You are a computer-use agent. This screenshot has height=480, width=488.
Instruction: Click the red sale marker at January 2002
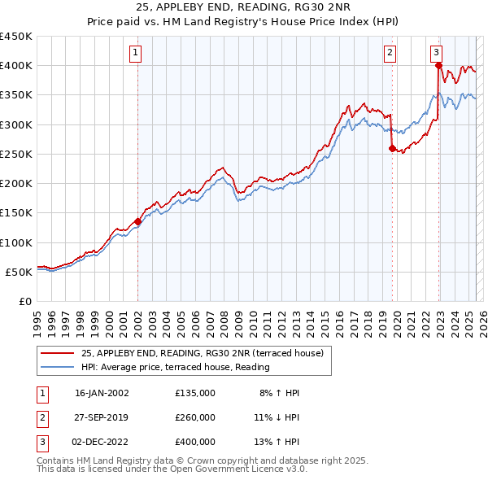[137, 221]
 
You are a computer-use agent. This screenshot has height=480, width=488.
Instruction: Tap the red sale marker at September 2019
[392, 148]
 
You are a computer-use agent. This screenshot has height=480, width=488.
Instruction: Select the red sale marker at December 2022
[438, 65]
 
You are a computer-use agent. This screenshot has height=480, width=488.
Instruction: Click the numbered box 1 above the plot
[135, 53]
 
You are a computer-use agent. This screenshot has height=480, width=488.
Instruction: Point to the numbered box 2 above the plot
[390, 53]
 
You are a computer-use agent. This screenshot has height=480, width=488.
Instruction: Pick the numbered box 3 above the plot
[437, 53]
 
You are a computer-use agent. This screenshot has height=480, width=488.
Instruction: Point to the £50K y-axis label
[19, 272]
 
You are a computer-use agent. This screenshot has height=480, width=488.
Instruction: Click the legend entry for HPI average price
[175, 367]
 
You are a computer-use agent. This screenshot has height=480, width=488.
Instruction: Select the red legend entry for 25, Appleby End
[202, 353]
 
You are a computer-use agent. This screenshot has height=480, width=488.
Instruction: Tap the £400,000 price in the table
[195, 442]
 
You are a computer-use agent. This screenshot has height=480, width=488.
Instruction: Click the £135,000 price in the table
[195, 393]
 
